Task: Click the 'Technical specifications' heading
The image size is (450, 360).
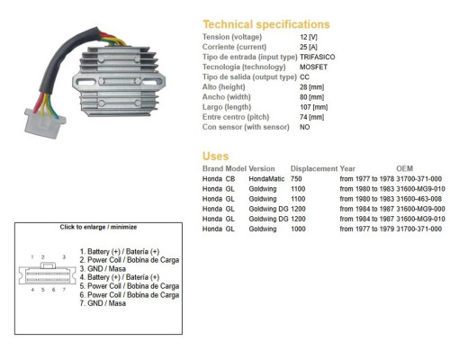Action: (266, 24)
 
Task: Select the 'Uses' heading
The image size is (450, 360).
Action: (215, 156)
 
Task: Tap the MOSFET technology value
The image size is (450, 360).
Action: (313, 67)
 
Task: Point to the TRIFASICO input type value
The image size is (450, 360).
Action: (317, 57)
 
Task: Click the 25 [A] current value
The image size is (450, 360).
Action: (309, 47)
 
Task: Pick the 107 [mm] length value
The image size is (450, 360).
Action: (313, 107)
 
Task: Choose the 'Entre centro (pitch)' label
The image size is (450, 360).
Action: (236, 117)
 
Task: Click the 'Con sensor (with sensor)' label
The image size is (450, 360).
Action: (246, 127)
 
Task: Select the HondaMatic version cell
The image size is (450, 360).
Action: (266, 179)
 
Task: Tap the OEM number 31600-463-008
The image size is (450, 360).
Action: (418, 199)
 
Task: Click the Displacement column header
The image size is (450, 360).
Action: (314, 168)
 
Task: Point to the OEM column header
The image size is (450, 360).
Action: (404, 168)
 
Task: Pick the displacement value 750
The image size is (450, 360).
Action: (296, 179)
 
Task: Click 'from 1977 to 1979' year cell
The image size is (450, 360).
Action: (367, 229)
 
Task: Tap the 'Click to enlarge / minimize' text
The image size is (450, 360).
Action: (98, 227)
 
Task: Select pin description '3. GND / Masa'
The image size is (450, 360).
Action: (103, 268)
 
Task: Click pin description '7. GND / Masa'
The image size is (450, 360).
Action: (103, 303)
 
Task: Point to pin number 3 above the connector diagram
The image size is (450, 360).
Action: (64, 257)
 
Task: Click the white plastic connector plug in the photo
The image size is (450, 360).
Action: (44, 123)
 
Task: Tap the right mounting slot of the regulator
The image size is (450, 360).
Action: (150, 82)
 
